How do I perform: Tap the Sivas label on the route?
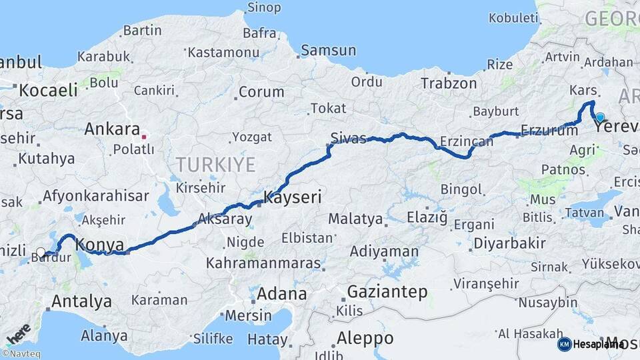349,139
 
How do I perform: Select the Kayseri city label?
293,197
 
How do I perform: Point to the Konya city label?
100,244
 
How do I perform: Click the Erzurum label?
549,131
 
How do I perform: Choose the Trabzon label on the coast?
449,83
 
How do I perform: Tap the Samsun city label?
328,50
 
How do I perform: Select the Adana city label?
281,293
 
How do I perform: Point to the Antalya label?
81,301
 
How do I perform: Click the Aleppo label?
365,337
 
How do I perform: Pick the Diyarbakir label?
509,243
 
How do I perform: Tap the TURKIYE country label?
215,164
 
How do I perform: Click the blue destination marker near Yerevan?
600,117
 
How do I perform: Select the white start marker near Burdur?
41,253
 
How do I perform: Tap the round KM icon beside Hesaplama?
564,344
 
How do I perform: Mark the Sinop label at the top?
264,8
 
